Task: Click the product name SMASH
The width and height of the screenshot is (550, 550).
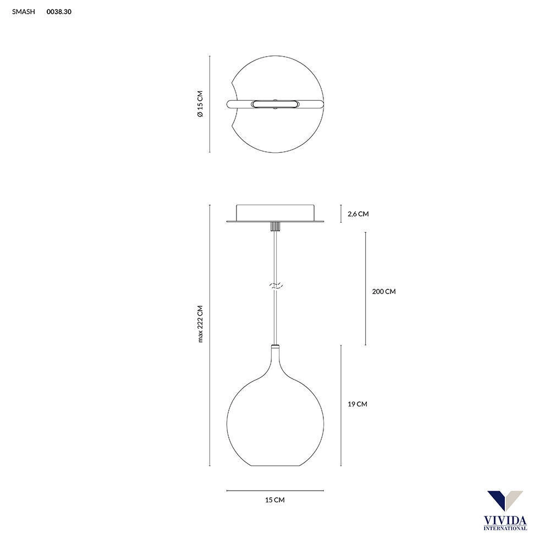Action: click(24, 12)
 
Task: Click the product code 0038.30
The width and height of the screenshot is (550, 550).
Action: click(59, 12)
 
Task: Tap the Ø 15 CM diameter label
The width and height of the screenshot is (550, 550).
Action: click(200, 104)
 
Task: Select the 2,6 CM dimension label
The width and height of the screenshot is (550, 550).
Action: click(358, 213)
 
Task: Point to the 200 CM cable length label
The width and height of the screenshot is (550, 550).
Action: click(384, 291)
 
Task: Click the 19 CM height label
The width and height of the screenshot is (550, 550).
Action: click(358, 404)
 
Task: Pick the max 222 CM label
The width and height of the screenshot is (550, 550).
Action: click(200, 324)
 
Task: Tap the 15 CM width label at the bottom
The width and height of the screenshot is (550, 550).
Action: click(275, 500)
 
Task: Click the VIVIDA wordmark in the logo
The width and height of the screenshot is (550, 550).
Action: click(505, 520)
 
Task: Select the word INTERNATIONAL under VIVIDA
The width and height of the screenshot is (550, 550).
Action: click(505, 528)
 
